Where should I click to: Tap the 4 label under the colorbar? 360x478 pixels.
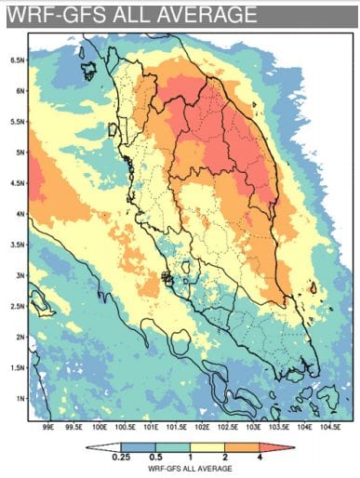[x=257, y=458]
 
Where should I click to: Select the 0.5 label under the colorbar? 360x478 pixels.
[x=154, y=458]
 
